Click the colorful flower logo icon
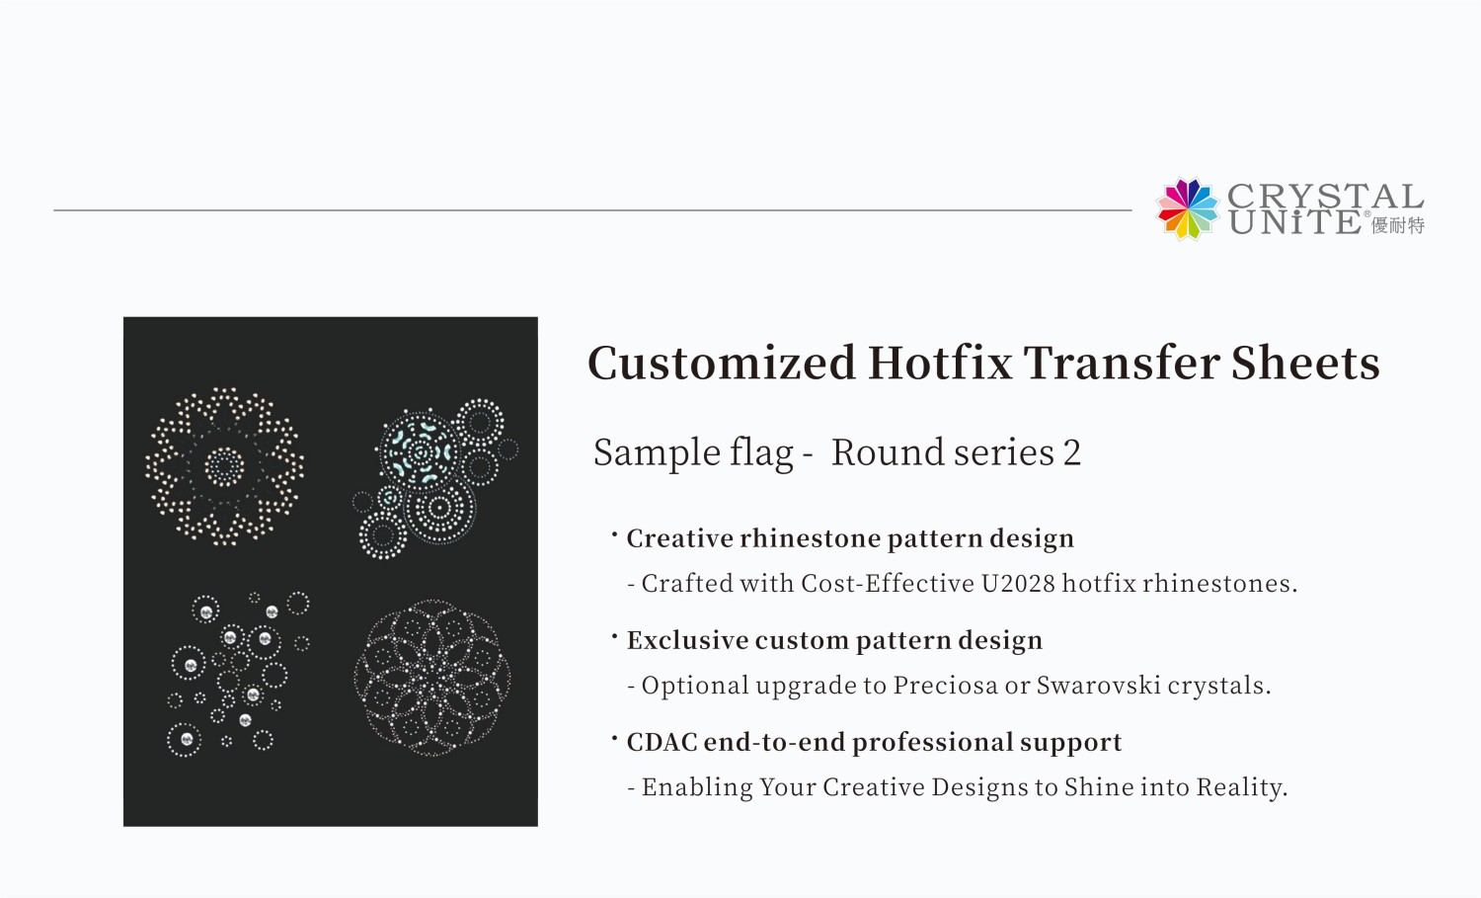1188,208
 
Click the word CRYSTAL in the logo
1325,196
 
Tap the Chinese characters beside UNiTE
1398,225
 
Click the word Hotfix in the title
940,363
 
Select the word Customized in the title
721,363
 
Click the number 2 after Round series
1072,452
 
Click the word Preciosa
945,686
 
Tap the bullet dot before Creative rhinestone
614,535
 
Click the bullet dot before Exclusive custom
614,637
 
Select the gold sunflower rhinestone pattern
225,466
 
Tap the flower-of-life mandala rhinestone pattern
432,678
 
